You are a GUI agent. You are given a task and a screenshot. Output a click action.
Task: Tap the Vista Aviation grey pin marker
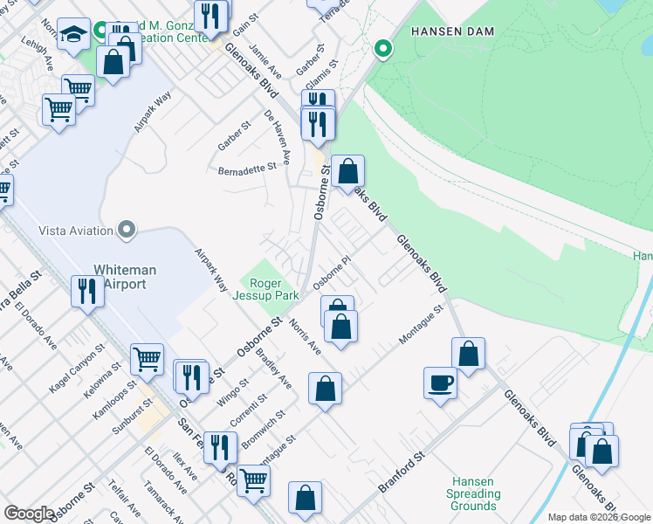pos(127,231)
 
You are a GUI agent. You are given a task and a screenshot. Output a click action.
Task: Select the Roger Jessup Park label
pos(275,289)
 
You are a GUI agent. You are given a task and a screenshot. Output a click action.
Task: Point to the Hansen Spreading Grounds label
pos(474,493)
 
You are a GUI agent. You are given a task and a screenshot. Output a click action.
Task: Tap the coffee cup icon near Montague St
pos(440,382)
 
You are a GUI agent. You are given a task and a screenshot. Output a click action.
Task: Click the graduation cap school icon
pos(75,35)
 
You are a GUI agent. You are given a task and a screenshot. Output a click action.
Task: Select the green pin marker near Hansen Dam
pos(381,49)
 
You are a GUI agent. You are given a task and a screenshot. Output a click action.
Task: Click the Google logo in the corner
pos(29,514)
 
